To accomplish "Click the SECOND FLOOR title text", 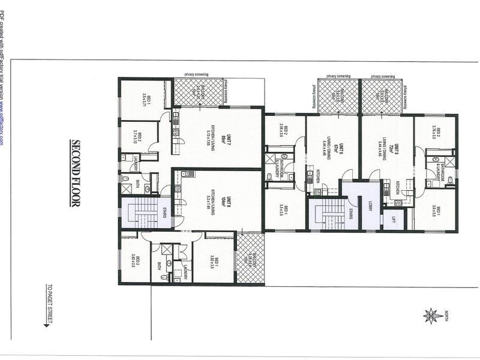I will (x=76, y=173).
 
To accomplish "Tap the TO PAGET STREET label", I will (x=47, y=302).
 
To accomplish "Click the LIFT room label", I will (x=394, y=220).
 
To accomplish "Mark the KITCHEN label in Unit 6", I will (x=317, y=177).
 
